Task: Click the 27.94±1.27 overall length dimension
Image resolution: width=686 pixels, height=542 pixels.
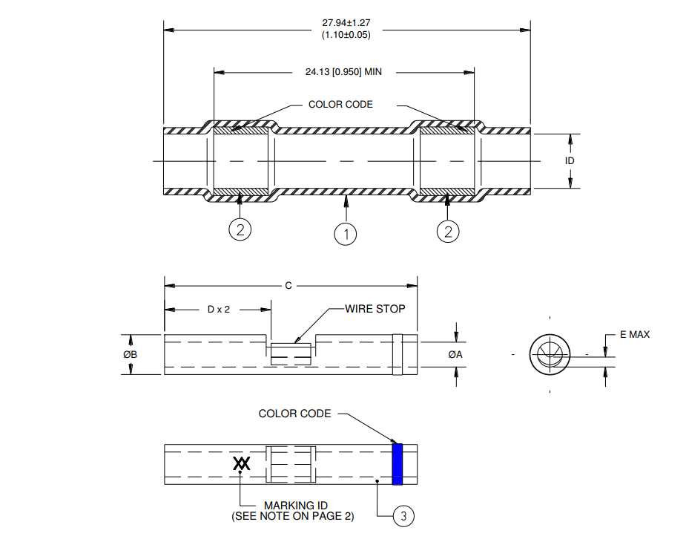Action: pyautogui.click(x=346, y=23)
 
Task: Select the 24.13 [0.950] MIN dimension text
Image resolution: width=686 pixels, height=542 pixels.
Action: pyautogui.click(x=343, y=72)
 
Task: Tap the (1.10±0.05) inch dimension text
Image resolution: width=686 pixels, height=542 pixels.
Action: pyautogui.click(x=346, y=35)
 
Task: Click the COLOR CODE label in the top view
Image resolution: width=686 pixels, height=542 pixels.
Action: pyautogui.click(x=340, y=104)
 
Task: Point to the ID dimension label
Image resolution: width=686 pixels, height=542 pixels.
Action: pyautogui.click(x=569, y=161)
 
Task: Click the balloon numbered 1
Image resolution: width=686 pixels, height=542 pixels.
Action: pyautogui.click(x=346, y=234)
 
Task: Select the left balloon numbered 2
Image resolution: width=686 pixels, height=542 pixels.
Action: pyautogui.click(x=240, y=229)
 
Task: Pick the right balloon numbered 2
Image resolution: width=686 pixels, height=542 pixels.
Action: pyautogui.click(x=448, y=231)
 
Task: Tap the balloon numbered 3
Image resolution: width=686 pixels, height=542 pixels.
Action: pyautogui.click(x=403, y=516)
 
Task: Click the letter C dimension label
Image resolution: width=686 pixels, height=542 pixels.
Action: pyautogui.click(x=288, y=286)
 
